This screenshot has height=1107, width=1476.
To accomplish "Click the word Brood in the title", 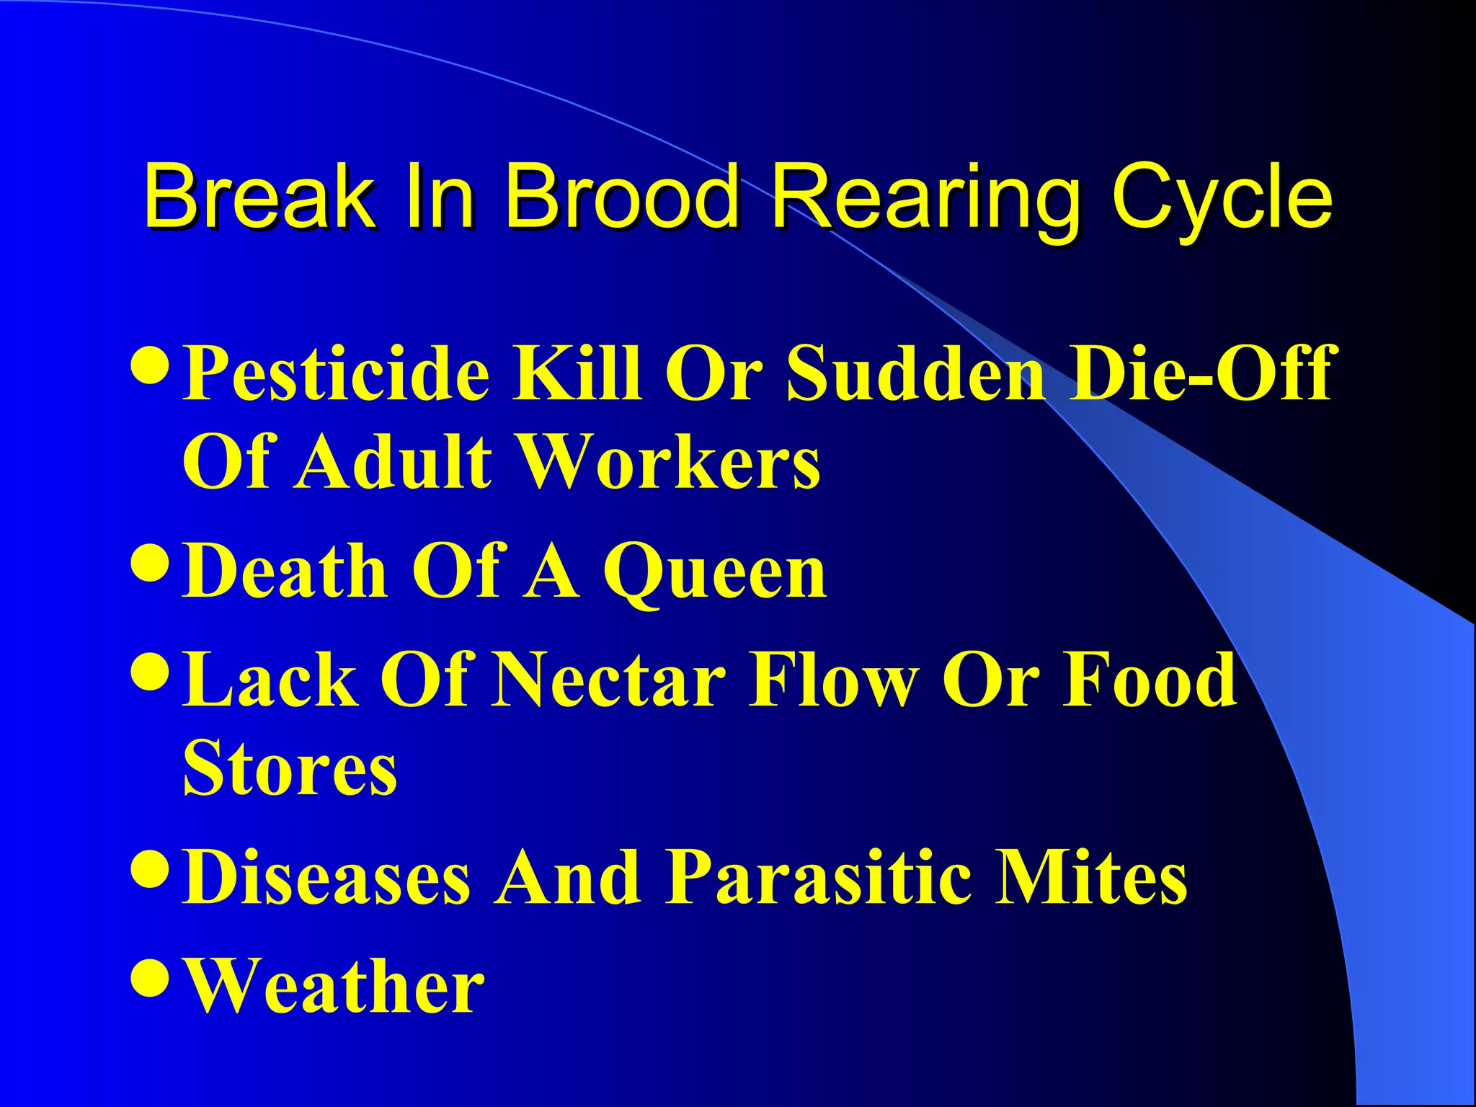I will [621, 196].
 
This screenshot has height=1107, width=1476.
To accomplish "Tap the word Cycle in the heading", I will [1221, 196].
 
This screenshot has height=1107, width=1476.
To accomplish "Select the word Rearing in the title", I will [925, 196].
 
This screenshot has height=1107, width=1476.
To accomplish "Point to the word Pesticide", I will [336, 373].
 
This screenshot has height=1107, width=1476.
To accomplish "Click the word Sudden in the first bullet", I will [915, 373].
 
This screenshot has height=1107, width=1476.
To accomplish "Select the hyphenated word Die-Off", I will [1202, 373].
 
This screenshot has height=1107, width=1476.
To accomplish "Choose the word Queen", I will [715, 573].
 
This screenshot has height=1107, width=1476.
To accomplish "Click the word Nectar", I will [609, 680].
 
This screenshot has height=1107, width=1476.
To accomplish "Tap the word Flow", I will [834, 680].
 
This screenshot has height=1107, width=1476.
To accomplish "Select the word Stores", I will [290, 769].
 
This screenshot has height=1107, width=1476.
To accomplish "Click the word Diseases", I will [326, 877].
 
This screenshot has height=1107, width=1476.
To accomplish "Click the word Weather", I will [334, 985].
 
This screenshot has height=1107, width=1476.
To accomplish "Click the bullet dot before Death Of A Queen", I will [151, 563].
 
